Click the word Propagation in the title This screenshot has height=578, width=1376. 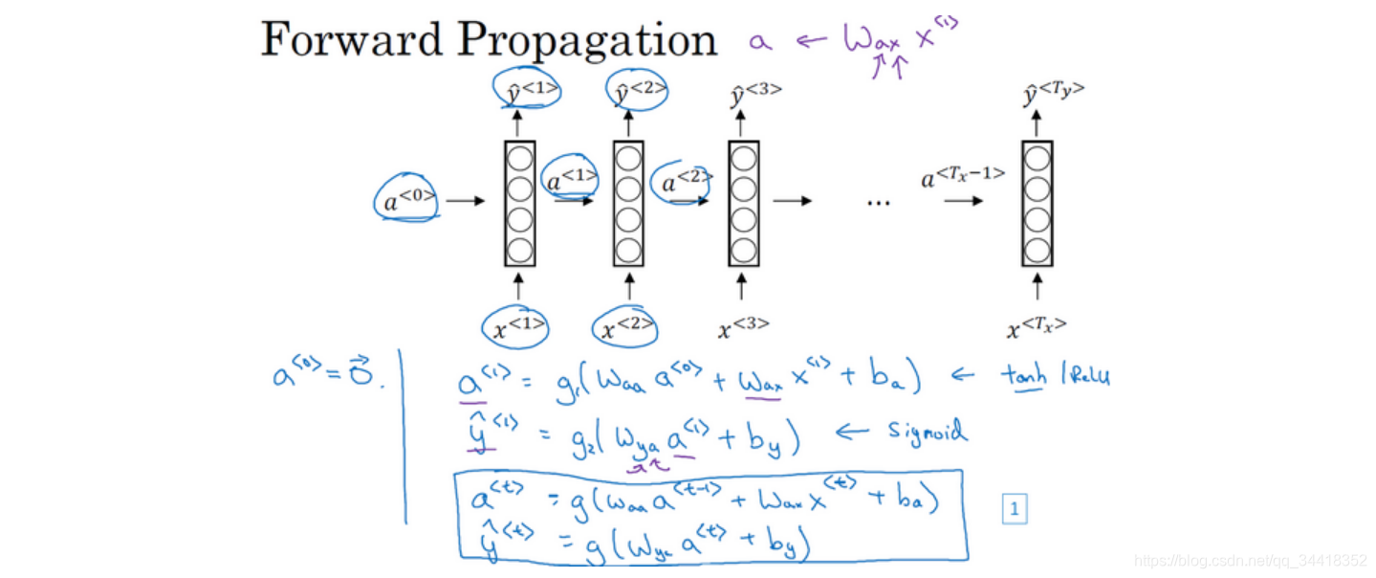pyautogui.click(x=586, y=42)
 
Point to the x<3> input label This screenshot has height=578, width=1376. pyautogui.click(x=743, y=327)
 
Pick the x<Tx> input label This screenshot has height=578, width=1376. pyautogui.click(x=1037, y=328)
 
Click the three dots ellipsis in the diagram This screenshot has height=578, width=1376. pyautogui.click(x=877, y=202)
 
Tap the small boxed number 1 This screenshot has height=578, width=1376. pyautogui.click(x=1014, y=510)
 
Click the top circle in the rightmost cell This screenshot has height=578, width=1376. pyautogui.click(x=1037, y=156)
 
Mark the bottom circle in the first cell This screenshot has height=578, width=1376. pyautogui.click(x=519, y=250)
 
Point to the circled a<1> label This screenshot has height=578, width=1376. pyautogui.click(x=572, y=178)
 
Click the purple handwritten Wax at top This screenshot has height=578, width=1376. pyautogui.click(x=872, y=40)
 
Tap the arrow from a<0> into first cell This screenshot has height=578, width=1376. pyautogui.click(x=466, y=201)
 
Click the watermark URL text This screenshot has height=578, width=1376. pyautogui.click(x=1249, y=560)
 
